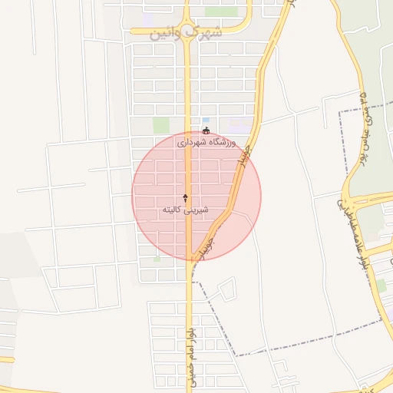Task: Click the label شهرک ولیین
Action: (x=187, y=33)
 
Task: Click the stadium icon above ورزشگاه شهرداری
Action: (x=205, y=131)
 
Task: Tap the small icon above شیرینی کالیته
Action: (x=185, y=198)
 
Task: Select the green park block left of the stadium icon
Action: (x=160, y=124)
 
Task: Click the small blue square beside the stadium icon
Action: (x=206, y=121)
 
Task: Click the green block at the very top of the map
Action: (x=221, y=11)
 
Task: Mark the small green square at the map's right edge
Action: (x=381, y=286)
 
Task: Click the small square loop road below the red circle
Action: (x=227, y=290)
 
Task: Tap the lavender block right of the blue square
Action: (x=239, y=124)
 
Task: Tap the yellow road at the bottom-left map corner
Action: (x=6, y=358)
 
